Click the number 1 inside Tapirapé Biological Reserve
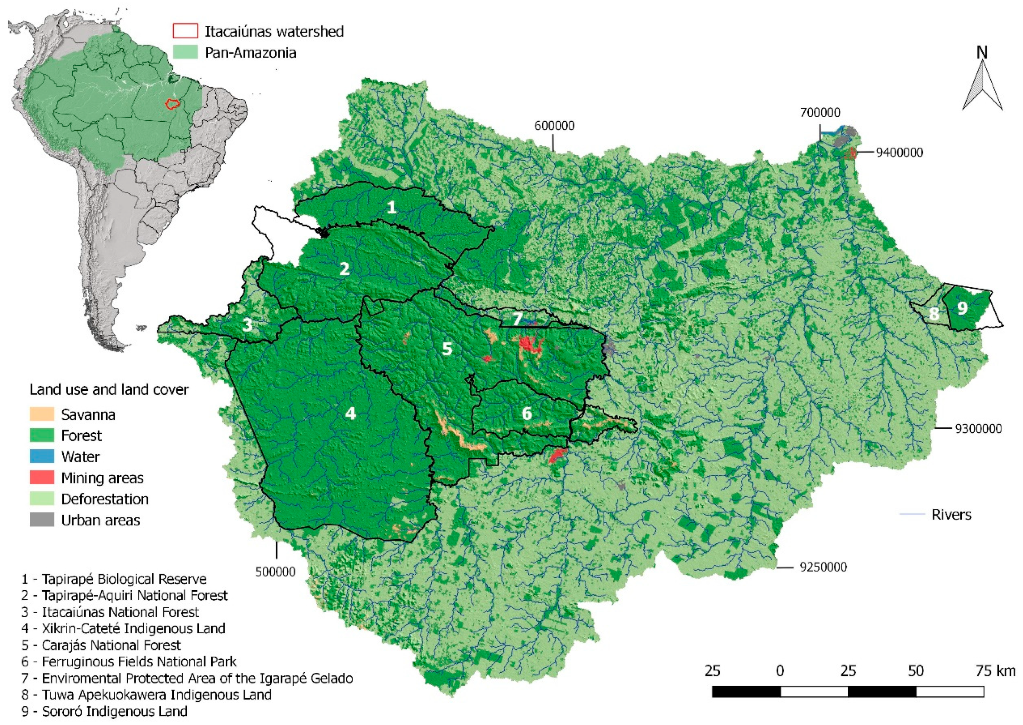click(391, 207)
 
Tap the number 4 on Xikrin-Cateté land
click(350, 413)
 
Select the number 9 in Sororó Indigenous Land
click(962, 308)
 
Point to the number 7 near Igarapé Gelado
click(517, 319)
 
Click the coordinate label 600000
click(554, 126)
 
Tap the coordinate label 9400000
click(899, 152)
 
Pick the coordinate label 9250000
click(823, 567)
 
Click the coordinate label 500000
click(275, 572)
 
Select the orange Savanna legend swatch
click(42, 414)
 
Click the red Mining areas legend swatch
click(42, 478)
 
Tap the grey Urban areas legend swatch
click(42, 520)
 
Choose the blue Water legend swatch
click(42, 456)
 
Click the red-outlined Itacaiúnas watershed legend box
click(185, 31)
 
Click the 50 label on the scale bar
click(915, 671)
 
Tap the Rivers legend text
click(951, 515)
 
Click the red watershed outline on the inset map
click(172, 104)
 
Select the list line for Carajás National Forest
click(101, 645)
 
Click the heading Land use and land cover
click(109, 390)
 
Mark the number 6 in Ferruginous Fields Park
click(527, 413)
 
